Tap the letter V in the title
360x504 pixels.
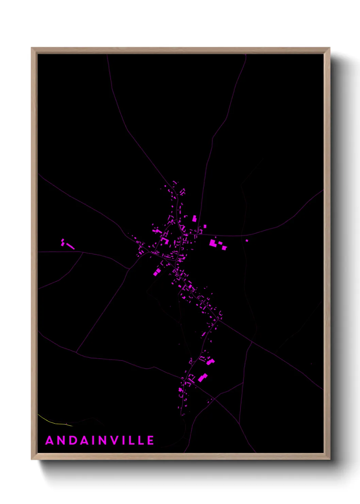116,440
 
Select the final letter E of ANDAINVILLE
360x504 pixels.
150,440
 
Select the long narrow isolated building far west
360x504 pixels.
70,246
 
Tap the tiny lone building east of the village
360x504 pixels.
247,241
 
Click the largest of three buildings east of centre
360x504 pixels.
213,243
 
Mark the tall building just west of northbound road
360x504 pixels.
195,218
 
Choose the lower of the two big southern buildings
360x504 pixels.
203,377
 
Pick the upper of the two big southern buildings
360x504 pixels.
210,362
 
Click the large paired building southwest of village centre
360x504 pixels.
157,272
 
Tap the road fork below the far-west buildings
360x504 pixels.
83,252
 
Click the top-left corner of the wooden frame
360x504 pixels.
32,48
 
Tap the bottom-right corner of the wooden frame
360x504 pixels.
329,459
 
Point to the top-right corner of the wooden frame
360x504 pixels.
329,48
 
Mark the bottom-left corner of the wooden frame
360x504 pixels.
32,459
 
